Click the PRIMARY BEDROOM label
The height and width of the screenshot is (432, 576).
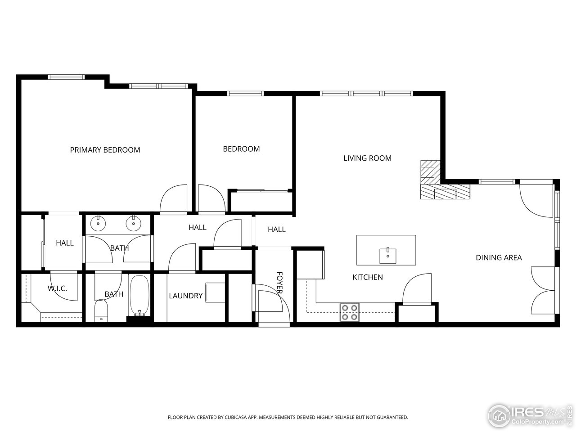coord(105,150)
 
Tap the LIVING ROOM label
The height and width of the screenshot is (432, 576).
coord(367,158)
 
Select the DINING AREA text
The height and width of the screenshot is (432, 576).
coord(499,257)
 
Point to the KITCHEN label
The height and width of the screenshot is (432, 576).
coord(367,277)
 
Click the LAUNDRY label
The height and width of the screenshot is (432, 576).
coord(185,296)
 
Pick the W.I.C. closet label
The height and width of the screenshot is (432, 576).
coord(57,288)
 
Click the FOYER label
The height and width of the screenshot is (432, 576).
coord(279,283)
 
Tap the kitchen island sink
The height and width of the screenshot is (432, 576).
coord(387,255)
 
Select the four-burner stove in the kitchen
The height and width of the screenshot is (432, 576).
coord(350,312)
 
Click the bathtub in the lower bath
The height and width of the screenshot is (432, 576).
coord(139,295)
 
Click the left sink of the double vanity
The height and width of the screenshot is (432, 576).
coord(98,223)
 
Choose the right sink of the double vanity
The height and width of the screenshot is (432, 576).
coord(133,223)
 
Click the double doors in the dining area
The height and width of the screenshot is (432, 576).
coord(544,290)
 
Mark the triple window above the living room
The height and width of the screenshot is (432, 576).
coord(366,94)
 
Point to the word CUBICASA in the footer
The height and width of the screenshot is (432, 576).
coord(243,418)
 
